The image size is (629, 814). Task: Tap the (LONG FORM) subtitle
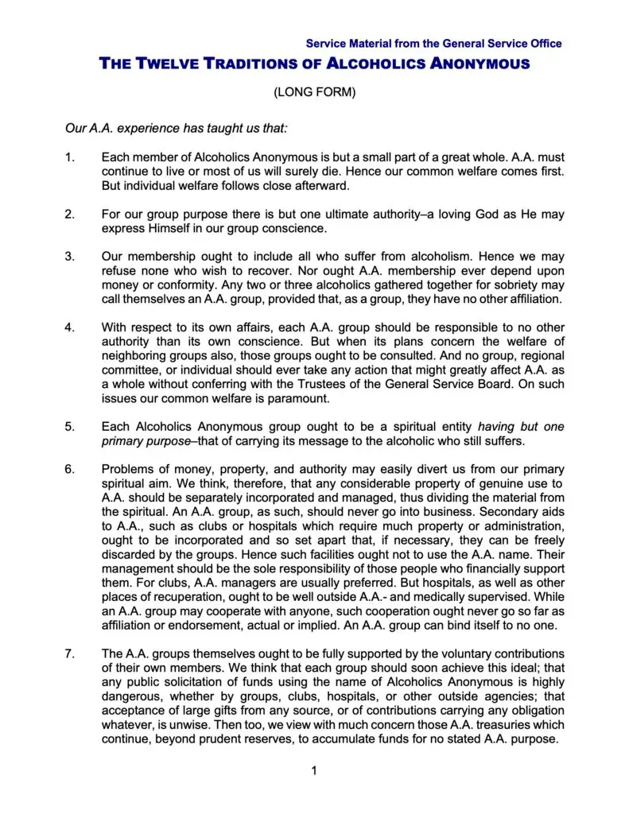point(314,92)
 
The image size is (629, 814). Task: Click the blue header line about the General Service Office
point(433,44)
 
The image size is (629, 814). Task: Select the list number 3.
point(69,256)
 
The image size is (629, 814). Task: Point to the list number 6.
point(69,469)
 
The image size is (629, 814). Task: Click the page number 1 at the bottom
point(314,770)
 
